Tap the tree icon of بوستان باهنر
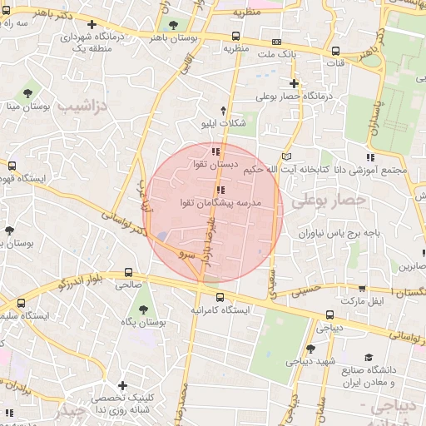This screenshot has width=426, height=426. pyautogui.click(x=173, y=25)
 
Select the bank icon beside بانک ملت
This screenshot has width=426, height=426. pyautogui.click(x=276, y=42)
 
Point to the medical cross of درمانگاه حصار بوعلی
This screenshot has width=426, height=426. pyautogui.click(x=294, y=82)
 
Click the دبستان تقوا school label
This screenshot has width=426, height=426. pyautogui.click(x=216, y=165)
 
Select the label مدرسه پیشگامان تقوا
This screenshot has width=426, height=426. pyautogui.click(x=220, y=202)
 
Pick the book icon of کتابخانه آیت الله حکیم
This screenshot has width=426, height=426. pyautogui.click(x=287, y=156)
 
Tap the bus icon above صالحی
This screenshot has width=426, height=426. pyautogui.click(x=127, y=272)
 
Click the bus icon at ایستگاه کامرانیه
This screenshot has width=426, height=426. pyautogui.click(x=220, y=298)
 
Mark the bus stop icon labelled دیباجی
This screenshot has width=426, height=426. pyautogui.click(x=329, y=315)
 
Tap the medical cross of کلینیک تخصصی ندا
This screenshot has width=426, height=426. pyautogui.click(x=122, y=385)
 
